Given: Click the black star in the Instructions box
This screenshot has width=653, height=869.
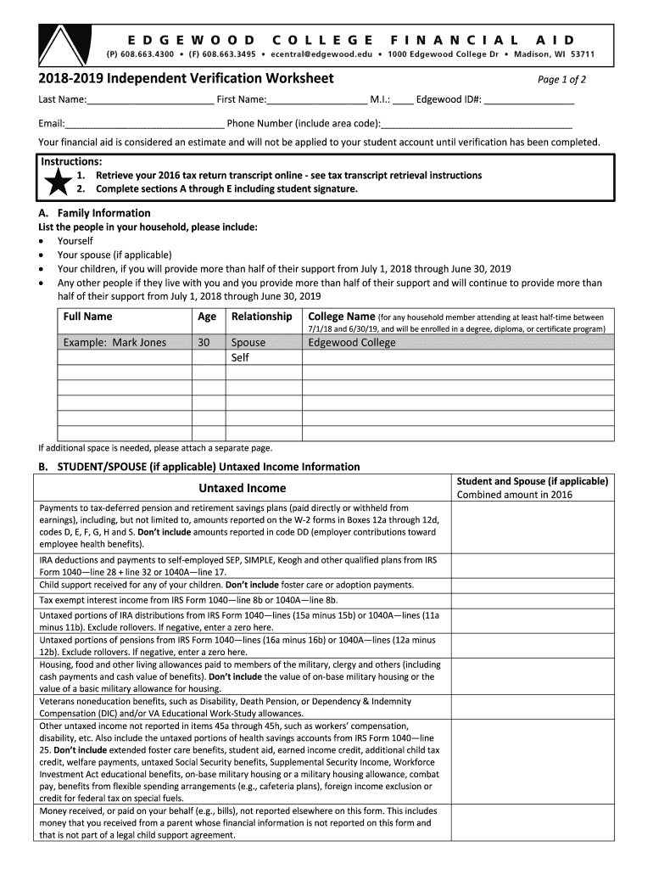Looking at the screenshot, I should [58, 182].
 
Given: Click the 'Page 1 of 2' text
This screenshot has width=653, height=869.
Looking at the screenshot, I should [561, 81].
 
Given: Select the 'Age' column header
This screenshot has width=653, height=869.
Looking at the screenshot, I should [207, 317].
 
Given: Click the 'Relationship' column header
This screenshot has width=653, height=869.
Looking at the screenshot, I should [261, 317].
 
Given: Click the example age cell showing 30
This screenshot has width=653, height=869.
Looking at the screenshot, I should [204, 343].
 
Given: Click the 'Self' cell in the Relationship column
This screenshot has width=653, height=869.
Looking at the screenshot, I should [240, 357].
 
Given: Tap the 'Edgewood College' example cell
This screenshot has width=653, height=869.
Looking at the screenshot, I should [352, 343].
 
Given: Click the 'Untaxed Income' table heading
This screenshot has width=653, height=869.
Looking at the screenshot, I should [242, 488].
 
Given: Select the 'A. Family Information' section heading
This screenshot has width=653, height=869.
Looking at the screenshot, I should [94, 213].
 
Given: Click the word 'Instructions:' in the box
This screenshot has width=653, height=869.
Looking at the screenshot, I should [72, 161].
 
